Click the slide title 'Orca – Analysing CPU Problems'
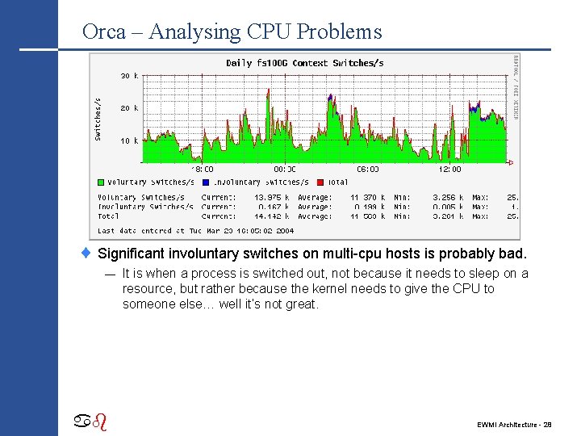(x=232, y=32)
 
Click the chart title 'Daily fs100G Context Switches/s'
(x=304, y=63)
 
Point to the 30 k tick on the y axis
(x=130, y=76)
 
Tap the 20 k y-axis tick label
(x=130, y=108)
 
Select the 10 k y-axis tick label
(x=130, y=140)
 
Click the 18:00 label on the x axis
(x=203, y=170)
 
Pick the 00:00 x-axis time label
(x=285, y=170)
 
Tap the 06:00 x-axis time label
(x=367, y=170)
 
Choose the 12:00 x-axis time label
(x=449, y=170)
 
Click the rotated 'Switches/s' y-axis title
(x=98, y=119)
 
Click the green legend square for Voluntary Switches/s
(x=102, y=182)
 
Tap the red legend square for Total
(x=321, y=182)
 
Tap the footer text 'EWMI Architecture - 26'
(x=514, y=424)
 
